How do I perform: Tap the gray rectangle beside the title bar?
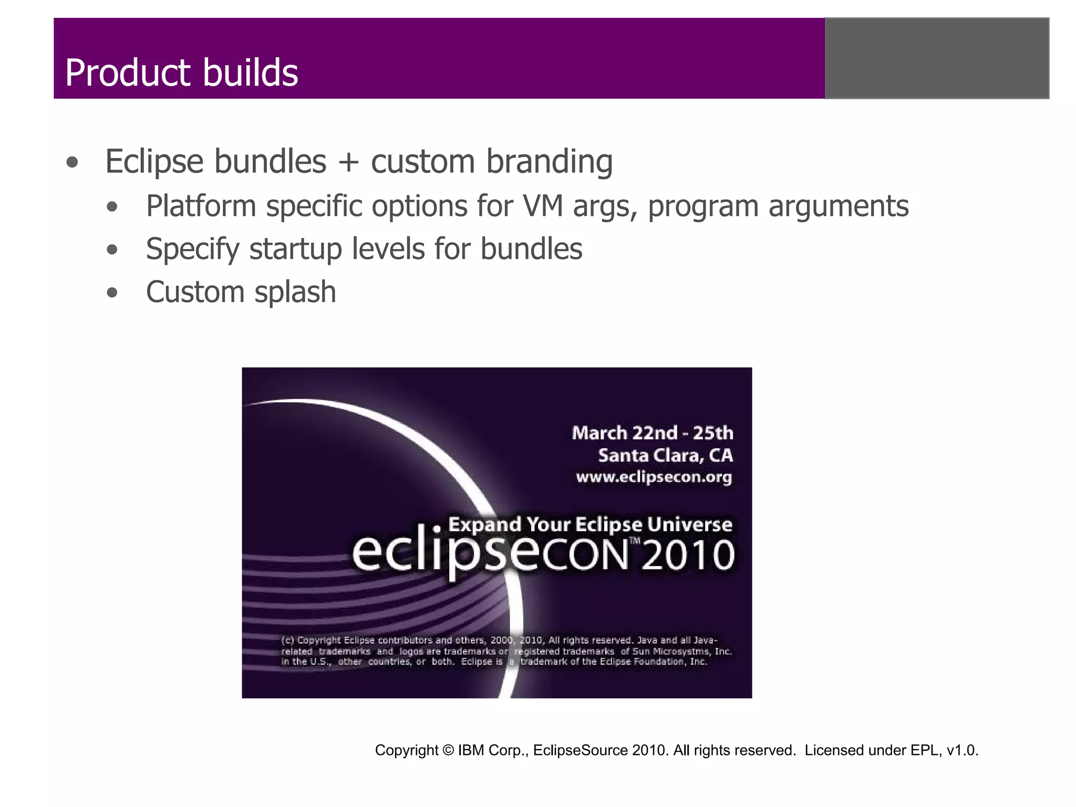(937, 58)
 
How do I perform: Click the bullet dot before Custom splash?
(112, 293)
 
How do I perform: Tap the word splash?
(295, 293)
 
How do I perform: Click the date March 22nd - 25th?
(652, 433)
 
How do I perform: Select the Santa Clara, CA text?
(665, 455)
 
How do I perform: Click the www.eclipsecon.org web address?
(654, 477)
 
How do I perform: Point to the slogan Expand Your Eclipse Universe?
(589, 524)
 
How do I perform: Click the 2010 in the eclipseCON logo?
(687, 555)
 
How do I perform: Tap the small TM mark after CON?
(635, 541)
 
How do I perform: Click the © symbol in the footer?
(448, 750)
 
